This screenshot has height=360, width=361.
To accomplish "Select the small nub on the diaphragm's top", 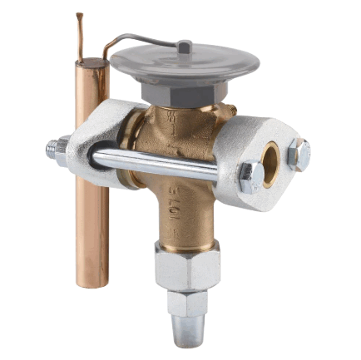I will pyautogui.click(x=184, y=47).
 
